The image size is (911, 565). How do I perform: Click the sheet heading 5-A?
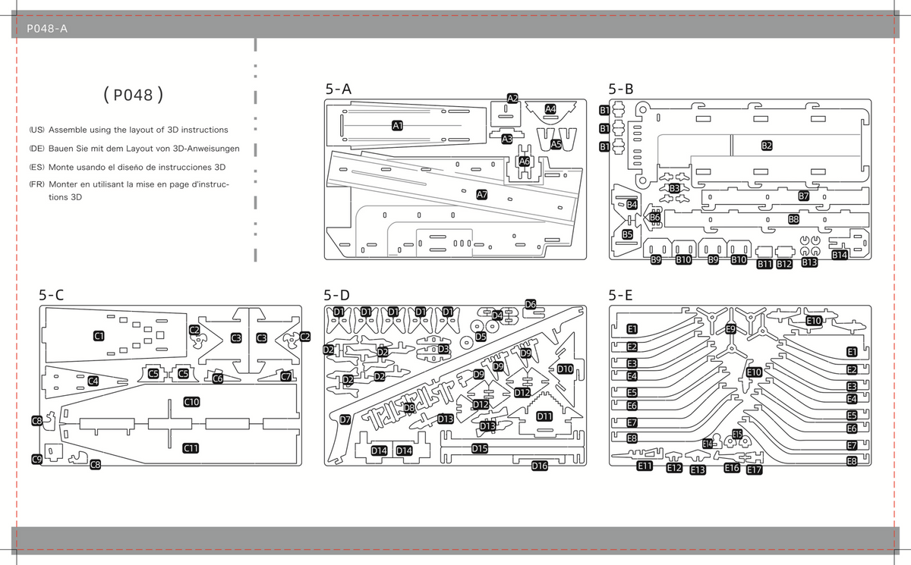(x=338, y=89)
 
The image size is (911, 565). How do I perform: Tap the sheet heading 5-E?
(x=621, y=295)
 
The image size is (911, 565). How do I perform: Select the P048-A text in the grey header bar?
(x=47, y=28)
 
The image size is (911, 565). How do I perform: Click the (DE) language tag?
(x=36, y=149)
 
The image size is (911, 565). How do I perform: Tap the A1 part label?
(x=397, y=126)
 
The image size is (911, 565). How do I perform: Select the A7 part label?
(x=482, y=195)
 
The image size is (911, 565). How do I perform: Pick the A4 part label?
(x=550, y=109)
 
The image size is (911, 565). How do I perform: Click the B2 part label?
(x=767, y=146)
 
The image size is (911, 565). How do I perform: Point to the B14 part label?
(x=840, y=255)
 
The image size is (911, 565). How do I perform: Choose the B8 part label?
(x=794, y=219)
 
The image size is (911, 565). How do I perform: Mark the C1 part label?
(x=99, y=336)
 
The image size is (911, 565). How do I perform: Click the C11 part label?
(x=191, y=448)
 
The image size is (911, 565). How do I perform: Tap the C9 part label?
(x=37, y=459)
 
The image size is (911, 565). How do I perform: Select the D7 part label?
(x=345, y=419)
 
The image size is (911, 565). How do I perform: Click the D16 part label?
(x=540, y=466)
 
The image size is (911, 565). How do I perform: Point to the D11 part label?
(x=544, y=416)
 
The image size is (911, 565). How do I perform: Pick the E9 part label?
(x=731, y=328)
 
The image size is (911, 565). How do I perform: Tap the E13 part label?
(x=698, y=470)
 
